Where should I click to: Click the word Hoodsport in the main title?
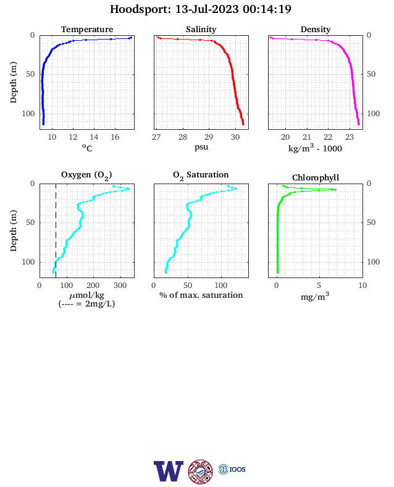pos(140,9)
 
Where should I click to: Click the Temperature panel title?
pos(87,29)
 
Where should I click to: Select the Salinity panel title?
pos(201,29)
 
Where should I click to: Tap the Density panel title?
pos(316,29)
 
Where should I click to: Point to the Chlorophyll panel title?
pos(316,177)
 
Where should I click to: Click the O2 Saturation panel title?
pos(201,175)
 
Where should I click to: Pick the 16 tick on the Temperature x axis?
pos(115,137)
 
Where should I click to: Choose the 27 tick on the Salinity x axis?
pos(156,137)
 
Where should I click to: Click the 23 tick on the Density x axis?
pos(350,137)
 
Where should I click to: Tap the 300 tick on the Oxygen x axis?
pos(120,286)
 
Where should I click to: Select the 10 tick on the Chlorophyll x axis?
pos(363,286)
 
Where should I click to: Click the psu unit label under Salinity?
pos(201,146)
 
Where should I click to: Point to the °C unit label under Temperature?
pos(87,148)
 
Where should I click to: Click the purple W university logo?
pos(169,471)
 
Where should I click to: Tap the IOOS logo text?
pos(238,469)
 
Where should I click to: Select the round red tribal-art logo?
pos(201,472)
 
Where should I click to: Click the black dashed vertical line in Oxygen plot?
pos(56,231)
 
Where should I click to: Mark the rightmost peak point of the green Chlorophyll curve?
pos(335,190)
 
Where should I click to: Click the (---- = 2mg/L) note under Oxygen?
pos(86,303)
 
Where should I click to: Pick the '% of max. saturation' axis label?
pos(201,295)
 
